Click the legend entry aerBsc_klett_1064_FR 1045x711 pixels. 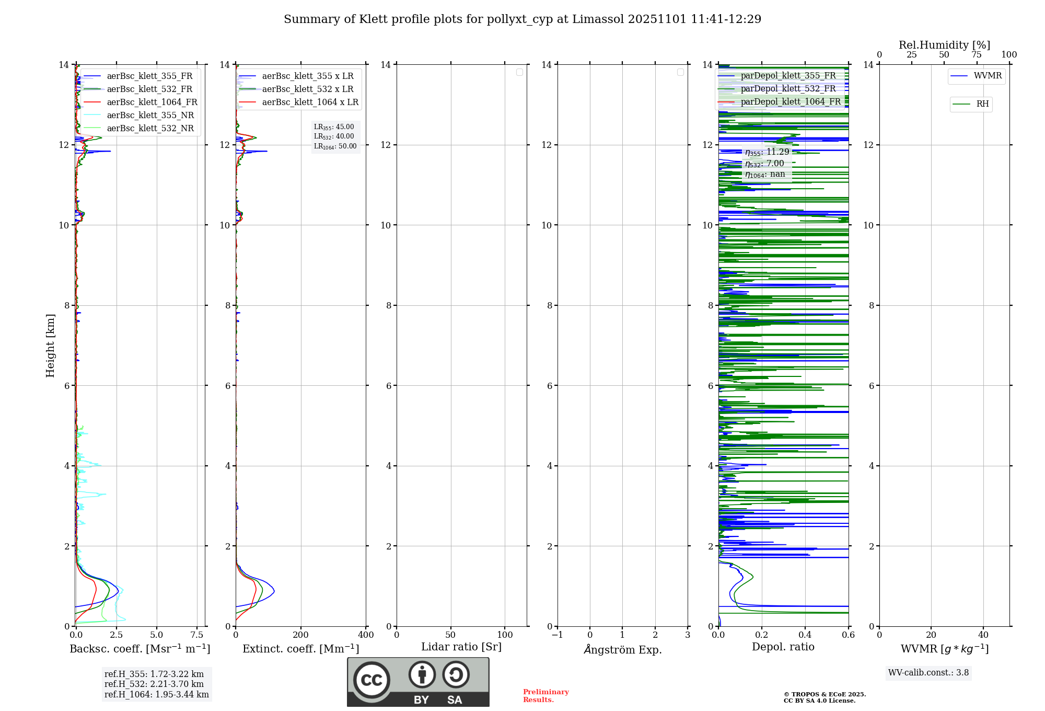pyautogui.click(x=152, y=102)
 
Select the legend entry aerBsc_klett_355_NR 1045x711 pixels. pyautogui.click(x=150, y=116)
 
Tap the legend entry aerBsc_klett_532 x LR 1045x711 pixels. pyautogui.click(x=307, y=89)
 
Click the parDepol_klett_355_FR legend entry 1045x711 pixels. pyautogui.click(x=788, y=76)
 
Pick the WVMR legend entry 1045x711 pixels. pyautogui.click(x=988, y=76)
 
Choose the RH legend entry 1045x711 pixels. pyautogui.click(x=982, y=104)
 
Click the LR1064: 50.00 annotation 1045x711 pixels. pyautogui.click(x=335, y=146)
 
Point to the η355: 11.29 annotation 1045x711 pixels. pyautogui.click(x=767, y=152)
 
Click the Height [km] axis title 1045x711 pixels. pyautogui.click(x=50, y=346)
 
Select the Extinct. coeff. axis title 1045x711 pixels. pyautogui.click(x=301, y=649)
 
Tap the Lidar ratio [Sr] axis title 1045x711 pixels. pyautogui.click(x=461, y=647)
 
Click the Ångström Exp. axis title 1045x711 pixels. pyautogui.click(x=623, y=650)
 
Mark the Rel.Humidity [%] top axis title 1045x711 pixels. pyautogui.click(x=944, y=45)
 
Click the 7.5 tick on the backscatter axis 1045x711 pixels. pyautogui.click(x=197, y=635)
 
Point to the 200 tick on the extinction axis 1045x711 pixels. pyautogui.click(x=301, y=635)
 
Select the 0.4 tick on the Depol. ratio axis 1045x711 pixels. pyautogui.click(x=805, y=635)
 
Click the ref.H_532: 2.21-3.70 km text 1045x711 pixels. pyautogui.click(x=154, y=684)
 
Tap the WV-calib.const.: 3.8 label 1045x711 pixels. pyautogui.click(x=928, y=673)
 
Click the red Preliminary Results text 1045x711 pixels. pyautogui.click(x=545, y=696)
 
